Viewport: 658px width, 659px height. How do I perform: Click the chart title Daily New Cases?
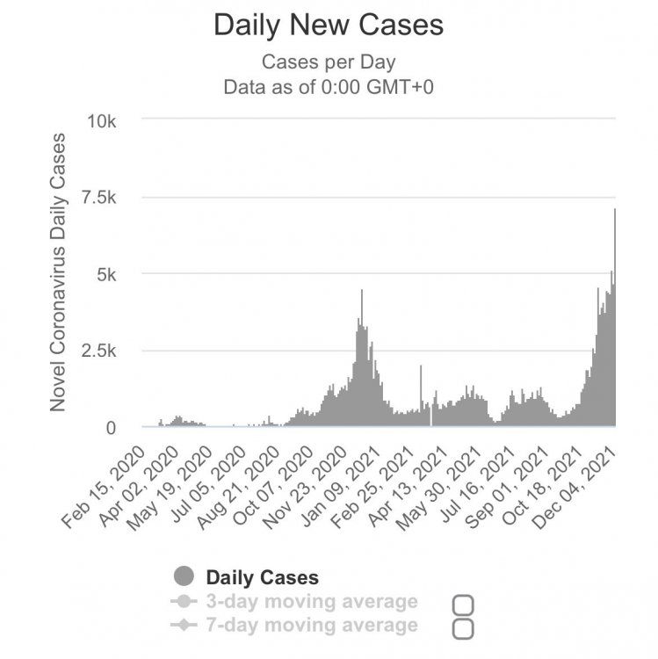[329, 25]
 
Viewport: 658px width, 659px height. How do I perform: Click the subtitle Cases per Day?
[328, 62]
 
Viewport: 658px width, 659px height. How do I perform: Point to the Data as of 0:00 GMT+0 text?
[328, 87]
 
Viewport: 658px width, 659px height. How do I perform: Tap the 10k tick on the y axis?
[98, 119]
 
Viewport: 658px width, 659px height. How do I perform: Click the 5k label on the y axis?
[105, 274]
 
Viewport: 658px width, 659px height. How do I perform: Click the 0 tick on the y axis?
[111, 428]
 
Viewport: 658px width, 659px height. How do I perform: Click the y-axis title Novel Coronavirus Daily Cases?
[58, 272]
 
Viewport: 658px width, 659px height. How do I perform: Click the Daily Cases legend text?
[262, 577]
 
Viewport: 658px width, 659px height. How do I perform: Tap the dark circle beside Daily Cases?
[184, 577]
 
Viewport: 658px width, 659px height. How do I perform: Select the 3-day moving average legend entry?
[311, 602]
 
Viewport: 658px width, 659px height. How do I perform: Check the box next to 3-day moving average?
[463, 605]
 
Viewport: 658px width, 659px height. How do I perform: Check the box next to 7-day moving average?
[463, 628]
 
